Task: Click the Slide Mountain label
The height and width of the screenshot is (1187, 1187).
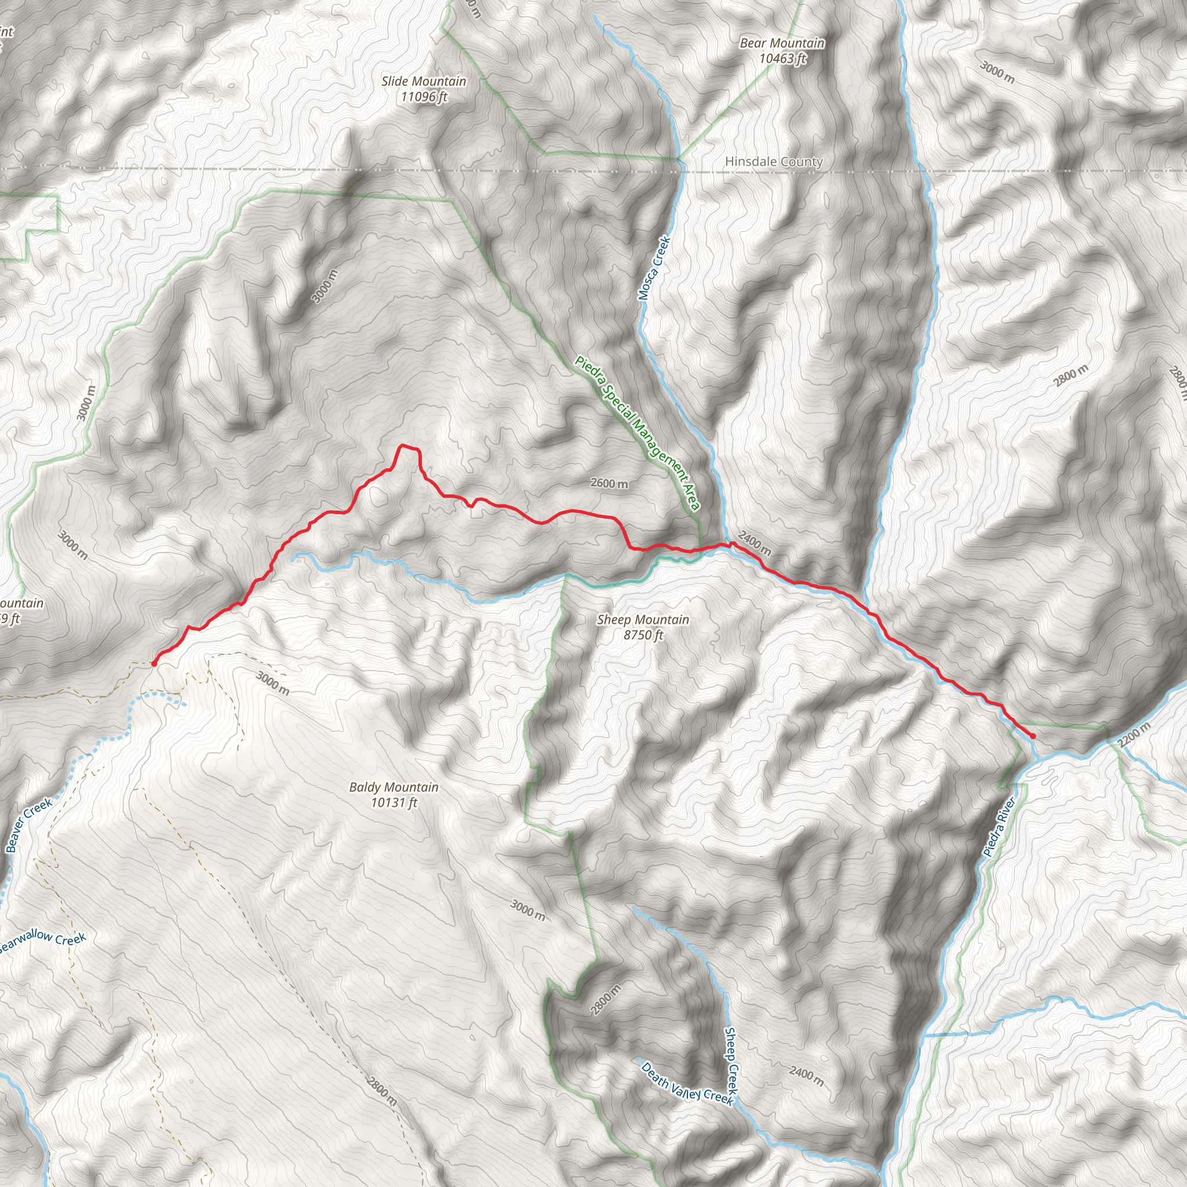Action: [x=423, y=81]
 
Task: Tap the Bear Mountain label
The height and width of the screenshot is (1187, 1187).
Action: [x=781, y=43]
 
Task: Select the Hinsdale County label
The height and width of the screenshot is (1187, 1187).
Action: [x=774, y=162]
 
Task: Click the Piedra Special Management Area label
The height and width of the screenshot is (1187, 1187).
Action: [x=637, y=433]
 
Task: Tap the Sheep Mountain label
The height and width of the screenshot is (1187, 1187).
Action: [x=643, y=620]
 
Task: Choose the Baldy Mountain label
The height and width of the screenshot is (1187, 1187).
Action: [x=394, y=787]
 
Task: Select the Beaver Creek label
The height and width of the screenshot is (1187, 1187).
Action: [x=29, y=825]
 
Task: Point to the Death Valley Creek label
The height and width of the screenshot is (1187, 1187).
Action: [x=686, y=1082]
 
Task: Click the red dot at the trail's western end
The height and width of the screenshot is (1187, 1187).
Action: [x=154, y=664]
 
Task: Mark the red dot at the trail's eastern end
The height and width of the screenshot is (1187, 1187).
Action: [x=1033, y=735]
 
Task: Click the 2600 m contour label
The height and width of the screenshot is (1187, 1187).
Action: [x=610, y=483]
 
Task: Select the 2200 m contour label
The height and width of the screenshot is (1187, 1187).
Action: [x=1134, y=735]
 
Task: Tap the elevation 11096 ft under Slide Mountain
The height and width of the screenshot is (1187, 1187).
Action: [x=423, y=97]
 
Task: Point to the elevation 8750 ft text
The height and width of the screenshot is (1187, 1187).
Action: [x=643, y=635]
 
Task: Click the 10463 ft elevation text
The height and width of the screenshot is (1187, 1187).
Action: [x=782, y=59]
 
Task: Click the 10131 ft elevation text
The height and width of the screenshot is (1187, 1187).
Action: [x=394, y=802]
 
